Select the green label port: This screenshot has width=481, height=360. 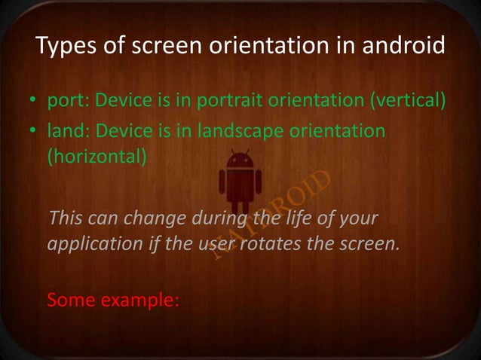(x=64, y=101)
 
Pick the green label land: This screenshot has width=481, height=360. (x=64, y=132)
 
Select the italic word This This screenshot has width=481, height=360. (x=65, y=219)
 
